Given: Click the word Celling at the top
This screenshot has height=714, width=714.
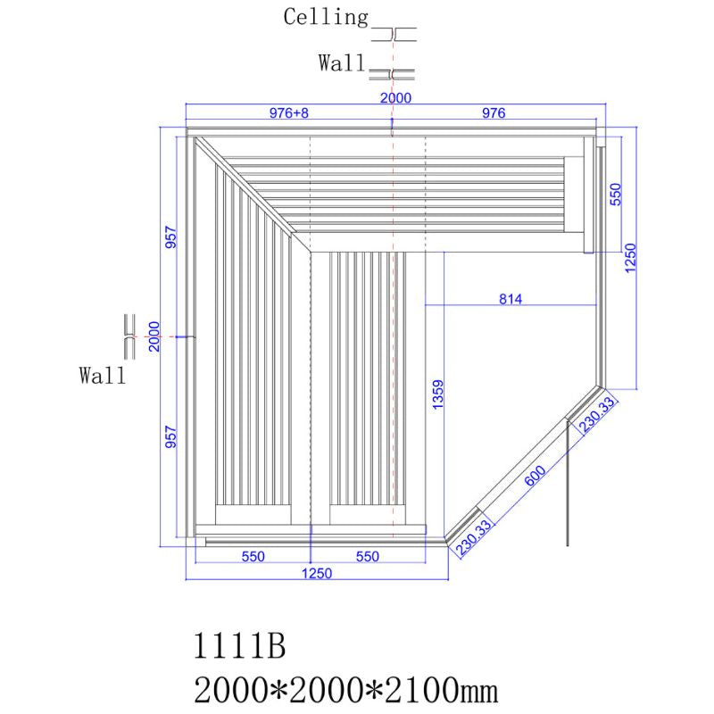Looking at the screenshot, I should coord(326,16).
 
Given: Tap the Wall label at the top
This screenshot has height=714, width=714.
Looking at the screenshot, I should coord(341,63).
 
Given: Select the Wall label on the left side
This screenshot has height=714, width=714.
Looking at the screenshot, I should coord(102,376).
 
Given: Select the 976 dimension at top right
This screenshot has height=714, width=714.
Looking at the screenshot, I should coord(494,113).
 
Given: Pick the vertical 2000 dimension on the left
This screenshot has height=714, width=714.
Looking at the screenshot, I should coord(154,336).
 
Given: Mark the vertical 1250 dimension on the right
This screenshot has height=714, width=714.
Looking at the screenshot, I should coord(630,260).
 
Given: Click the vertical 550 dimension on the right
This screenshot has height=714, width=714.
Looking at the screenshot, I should coord(615,194).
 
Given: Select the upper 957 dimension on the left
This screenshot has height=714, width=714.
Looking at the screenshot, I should coord(171,237).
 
